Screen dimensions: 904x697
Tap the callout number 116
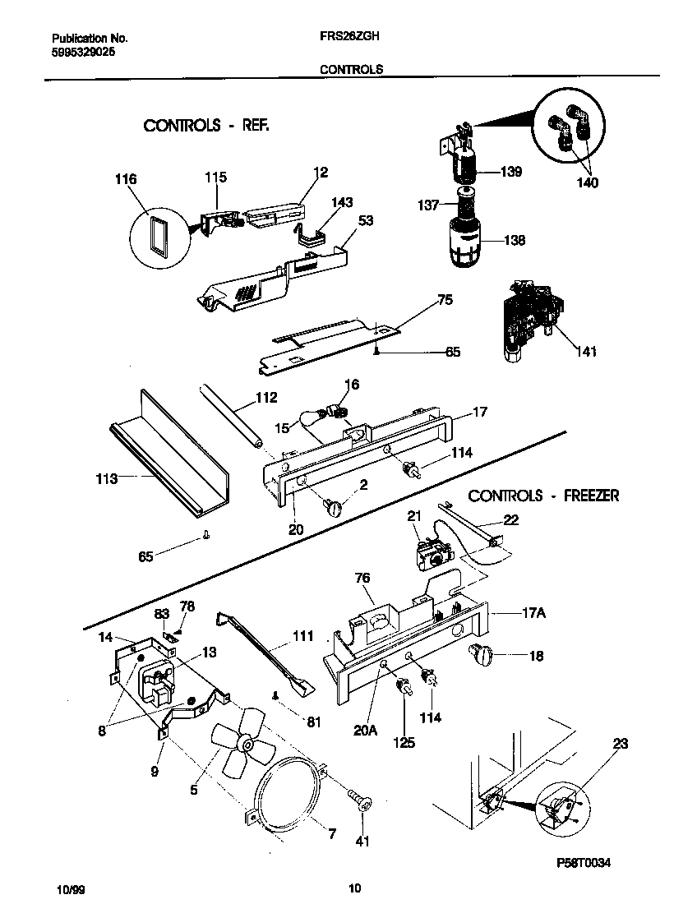[x=126, y=179]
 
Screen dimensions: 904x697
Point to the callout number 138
[x=514, y=241]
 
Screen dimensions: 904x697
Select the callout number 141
[x=586, y=352]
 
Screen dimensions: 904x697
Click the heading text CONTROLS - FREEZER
[x=543, y=496]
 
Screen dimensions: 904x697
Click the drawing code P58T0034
[x=584, y=864]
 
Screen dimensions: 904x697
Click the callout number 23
[x=620, y=744]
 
